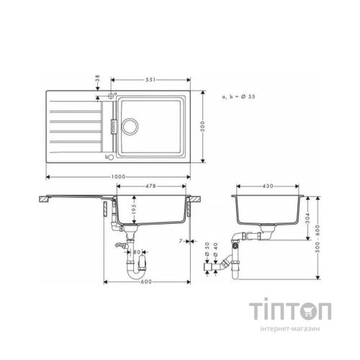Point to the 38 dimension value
[x=97, y=78]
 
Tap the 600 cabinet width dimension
[x=146, y=281]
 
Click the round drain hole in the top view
[x=130, y=125]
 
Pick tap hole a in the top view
[x=112, y=95]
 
